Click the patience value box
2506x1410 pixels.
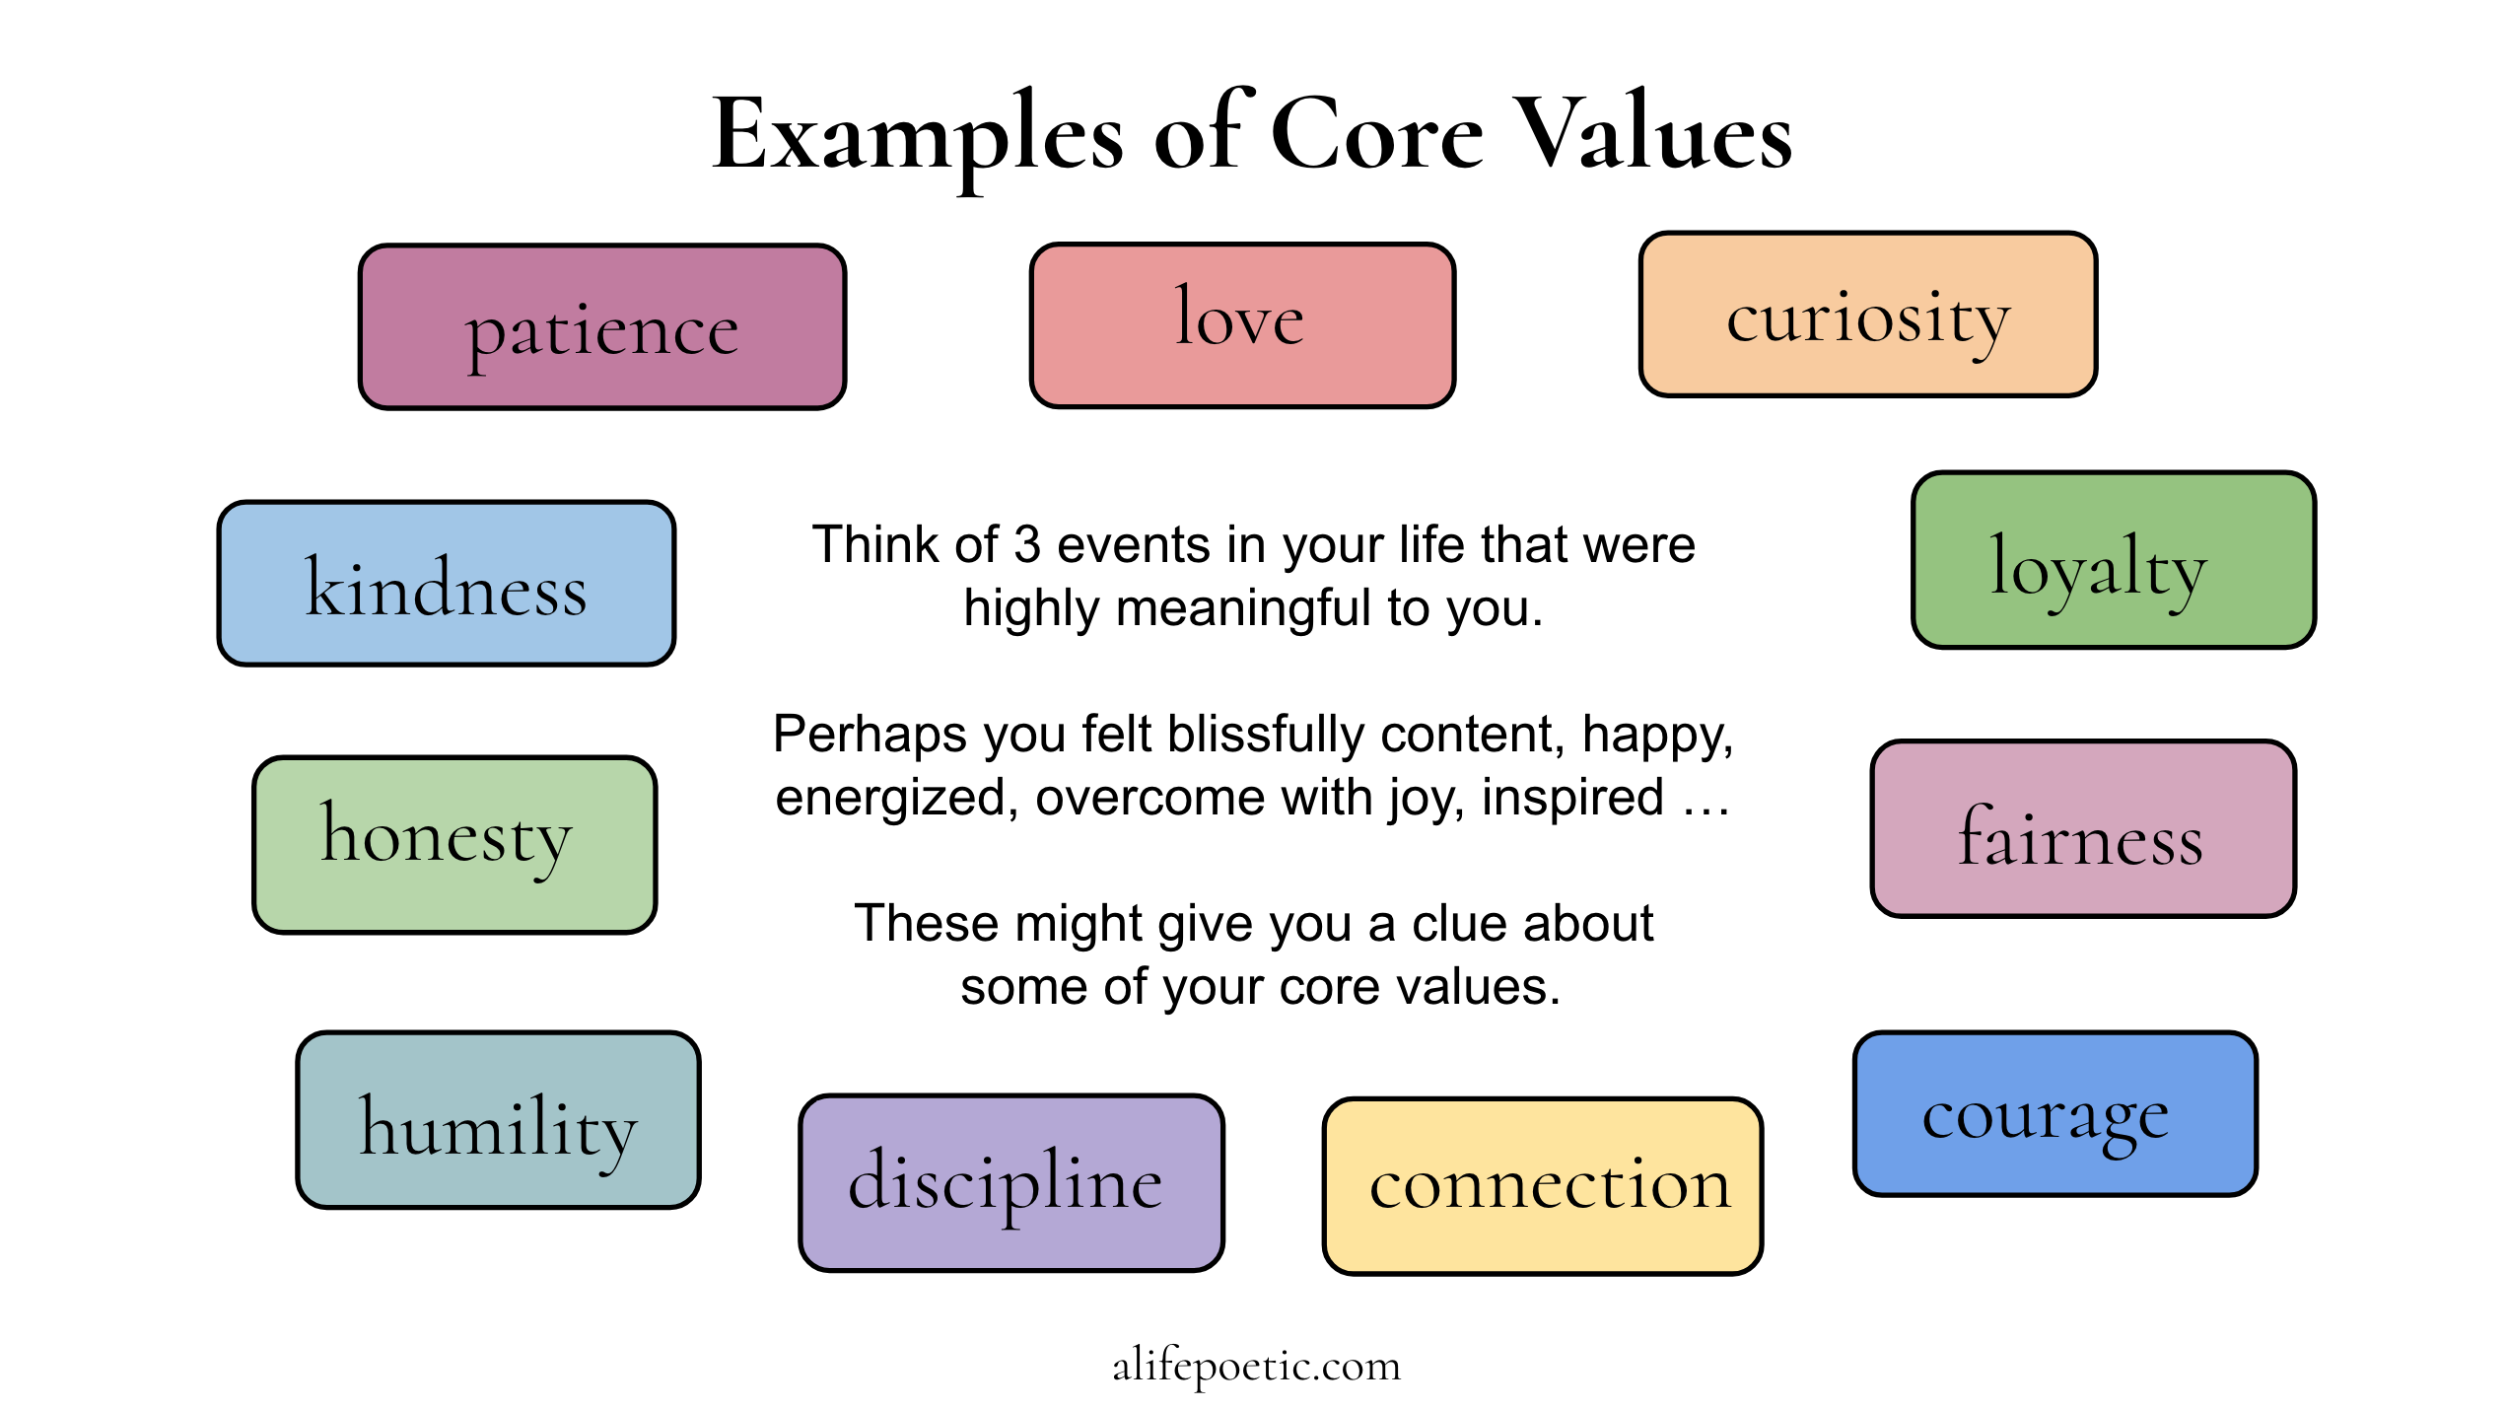(x=602, y=326)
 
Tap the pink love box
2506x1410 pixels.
(x=1242, y=324)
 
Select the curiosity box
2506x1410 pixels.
(x=1868, y=315)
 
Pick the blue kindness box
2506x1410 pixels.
(x=447, y=584)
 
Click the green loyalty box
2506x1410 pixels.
(x=2114, y=560)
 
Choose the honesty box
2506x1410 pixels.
(x=454, y=845)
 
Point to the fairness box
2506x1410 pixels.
(x=2083, y=829)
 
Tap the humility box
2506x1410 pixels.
(x=499, y=1120)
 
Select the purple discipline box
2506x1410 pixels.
(x=1011, y=1183)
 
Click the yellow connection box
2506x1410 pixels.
(x=1543, y=1186)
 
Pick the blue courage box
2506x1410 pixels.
(x=2055, y=1114)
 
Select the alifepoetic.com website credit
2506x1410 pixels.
(x=1257, y=1366)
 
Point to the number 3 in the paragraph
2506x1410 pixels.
(x=1027, y=544)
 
